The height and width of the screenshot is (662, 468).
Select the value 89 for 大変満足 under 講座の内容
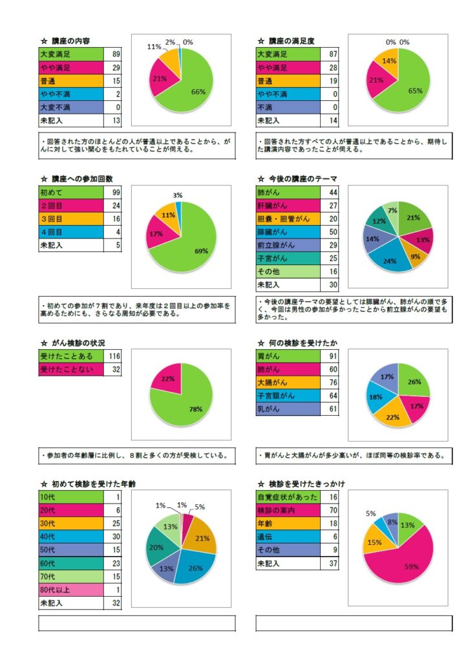click(116, 54)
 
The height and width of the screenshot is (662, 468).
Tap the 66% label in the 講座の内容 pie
click(198, 92)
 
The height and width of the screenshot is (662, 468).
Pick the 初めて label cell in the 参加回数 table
click(52, 193)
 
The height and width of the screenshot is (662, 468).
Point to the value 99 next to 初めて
click(116, 193)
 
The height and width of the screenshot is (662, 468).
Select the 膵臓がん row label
click(275, 232)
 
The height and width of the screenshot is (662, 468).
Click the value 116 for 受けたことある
click(116, 356)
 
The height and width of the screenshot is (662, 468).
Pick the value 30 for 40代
click(116, 536)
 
